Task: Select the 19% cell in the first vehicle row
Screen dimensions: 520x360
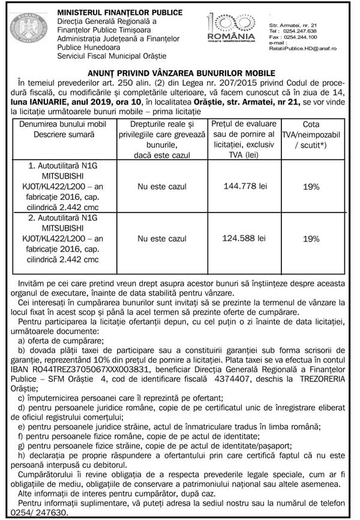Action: [x=311, y=187]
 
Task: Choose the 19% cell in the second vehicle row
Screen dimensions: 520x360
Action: [x=311, y=239]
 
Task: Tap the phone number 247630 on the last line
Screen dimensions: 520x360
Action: [x=51, y=514]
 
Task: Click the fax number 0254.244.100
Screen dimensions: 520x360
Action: [x=300, y=37]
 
